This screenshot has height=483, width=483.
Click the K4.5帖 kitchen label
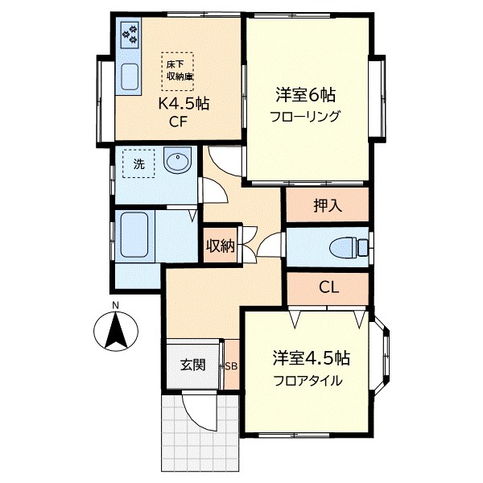tap(183, 105)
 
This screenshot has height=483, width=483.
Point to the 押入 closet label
tap(328, 205)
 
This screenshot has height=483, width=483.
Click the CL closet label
tap(328, 287)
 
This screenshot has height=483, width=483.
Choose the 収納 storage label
tap(220, 246)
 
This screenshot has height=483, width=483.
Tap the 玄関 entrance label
tap(192, 365)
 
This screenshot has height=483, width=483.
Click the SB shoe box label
tap(231, 366)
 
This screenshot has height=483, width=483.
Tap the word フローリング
tap(305, 116)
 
